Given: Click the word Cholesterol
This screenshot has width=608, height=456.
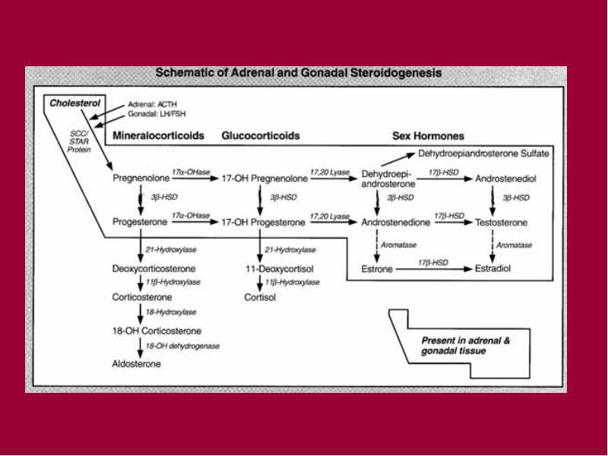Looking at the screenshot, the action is click(74, 103).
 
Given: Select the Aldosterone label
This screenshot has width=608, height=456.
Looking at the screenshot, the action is click(137, 364).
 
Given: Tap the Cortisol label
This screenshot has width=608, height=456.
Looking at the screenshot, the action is click(260, 297).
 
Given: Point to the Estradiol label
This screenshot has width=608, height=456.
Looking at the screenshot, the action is click(492, 268).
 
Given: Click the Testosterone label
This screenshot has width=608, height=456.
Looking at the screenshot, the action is click(501, 223).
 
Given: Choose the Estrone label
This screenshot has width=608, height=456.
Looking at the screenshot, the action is click(377, 269).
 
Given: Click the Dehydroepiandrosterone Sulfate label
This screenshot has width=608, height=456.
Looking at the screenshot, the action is click(483, 154).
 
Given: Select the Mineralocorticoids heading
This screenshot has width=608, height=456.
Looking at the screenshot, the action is click(158, 135).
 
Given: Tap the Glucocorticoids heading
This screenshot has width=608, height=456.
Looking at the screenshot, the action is click(261, 135).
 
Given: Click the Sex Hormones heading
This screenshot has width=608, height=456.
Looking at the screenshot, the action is click(428, 136).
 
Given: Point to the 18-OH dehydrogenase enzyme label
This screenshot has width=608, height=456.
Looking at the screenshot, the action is click(182, 346).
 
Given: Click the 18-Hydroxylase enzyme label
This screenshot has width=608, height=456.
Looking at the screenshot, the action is click(171, 312).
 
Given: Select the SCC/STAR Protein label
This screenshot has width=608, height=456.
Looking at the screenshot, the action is click(79, 141).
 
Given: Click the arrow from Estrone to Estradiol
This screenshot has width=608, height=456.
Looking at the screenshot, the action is click(434, 269).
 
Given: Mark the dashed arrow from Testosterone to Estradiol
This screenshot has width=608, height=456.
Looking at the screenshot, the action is click(492, 246).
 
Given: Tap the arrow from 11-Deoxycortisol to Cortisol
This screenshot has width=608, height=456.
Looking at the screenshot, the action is click(260, 283).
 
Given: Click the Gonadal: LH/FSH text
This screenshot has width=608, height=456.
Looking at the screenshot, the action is click(157, 114).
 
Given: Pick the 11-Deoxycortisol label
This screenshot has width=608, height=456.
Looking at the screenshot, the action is click(280, 269).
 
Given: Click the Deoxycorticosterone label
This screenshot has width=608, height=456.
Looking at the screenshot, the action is click(154, 269).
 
